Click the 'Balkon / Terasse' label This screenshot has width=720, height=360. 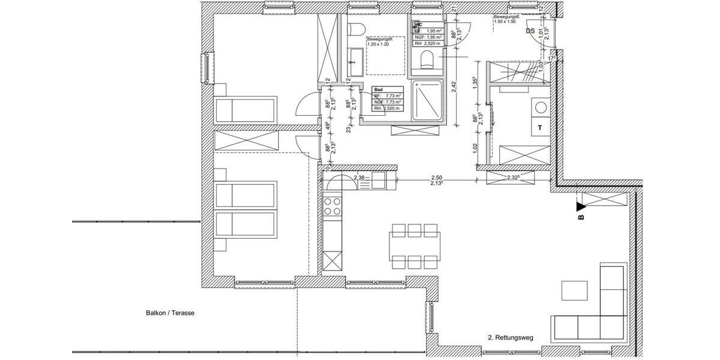(171, 313)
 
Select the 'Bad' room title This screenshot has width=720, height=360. (378, 89)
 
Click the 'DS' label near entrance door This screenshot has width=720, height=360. (530, 31)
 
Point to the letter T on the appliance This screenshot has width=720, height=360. (540, 128)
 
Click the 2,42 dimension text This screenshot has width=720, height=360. (454, 87)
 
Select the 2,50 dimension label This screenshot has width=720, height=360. (436, 178)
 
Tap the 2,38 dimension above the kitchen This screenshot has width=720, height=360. (359, 178)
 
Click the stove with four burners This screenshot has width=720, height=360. (332, 207)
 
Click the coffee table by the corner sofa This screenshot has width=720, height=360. (575, 290)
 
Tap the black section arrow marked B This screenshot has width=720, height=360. (580, 208)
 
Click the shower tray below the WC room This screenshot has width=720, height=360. (427, 101)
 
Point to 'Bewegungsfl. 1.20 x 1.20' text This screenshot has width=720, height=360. (379, 41)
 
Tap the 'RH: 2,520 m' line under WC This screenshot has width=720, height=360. (427, 43)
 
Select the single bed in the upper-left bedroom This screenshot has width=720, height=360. (245, 110)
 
